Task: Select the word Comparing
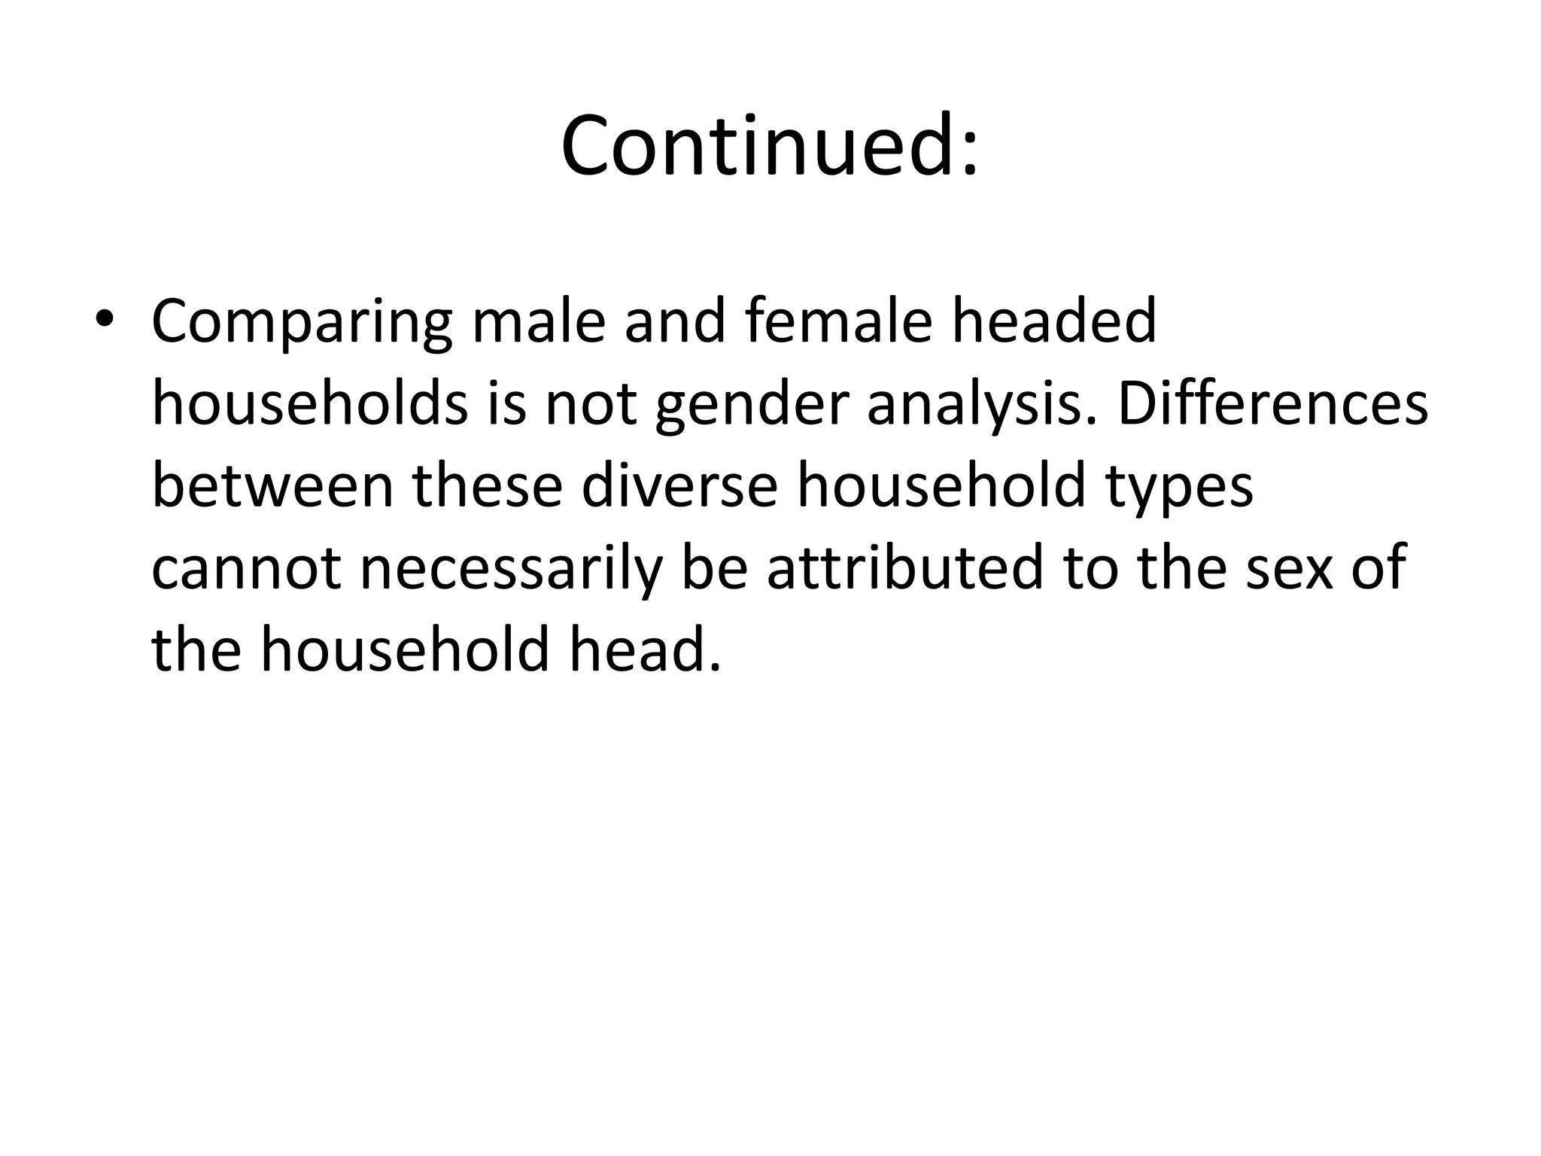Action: point(302,322)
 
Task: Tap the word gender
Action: point(752,405)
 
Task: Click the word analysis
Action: point(986,405)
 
